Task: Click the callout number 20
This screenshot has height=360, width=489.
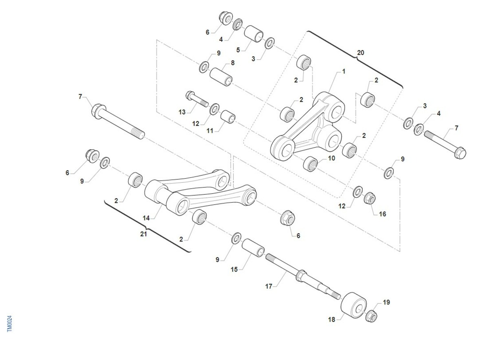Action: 360,53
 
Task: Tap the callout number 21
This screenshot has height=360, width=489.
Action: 143,234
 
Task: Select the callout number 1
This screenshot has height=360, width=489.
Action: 344,71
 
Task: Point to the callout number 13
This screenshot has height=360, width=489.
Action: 182,112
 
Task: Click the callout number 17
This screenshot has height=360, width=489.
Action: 269,286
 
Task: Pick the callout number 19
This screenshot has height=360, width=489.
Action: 386,302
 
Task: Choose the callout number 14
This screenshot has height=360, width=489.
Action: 146,218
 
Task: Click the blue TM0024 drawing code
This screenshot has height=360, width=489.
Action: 10,324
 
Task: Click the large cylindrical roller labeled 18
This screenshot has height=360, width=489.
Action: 354,305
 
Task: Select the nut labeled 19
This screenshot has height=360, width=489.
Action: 371,316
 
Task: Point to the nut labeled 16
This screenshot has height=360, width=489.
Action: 369,198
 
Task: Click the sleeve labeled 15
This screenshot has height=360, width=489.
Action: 253,248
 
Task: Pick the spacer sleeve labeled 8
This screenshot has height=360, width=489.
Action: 221,77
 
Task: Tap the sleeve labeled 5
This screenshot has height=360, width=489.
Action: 253,34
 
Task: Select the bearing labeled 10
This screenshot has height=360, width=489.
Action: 311,164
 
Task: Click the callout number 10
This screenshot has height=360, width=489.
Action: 331,158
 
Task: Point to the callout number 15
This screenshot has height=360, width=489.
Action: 234,269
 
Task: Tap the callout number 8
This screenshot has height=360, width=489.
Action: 233,63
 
